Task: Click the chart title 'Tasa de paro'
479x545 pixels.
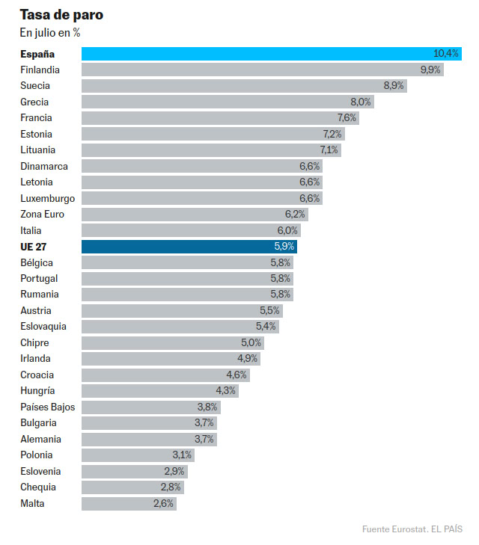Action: click(x=61, y=15)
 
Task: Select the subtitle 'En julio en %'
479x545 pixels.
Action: click(x=50, y=33)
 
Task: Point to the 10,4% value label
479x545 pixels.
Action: click(x=445, y=54)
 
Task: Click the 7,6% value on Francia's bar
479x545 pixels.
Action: click(x=347, y=118)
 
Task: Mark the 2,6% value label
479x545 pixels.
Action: click(x=163, y=504)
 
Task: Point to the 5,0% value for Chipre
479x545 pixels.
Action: click(x=251, y=343)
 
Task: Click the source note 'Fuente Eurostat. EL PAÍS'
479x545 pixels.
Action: click(x=412, y=529)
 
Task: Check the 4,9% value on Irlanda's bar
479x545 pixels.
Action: click(x=247, y=359)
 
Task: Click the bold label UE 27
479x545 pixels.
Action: click(x=35, y=247)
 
